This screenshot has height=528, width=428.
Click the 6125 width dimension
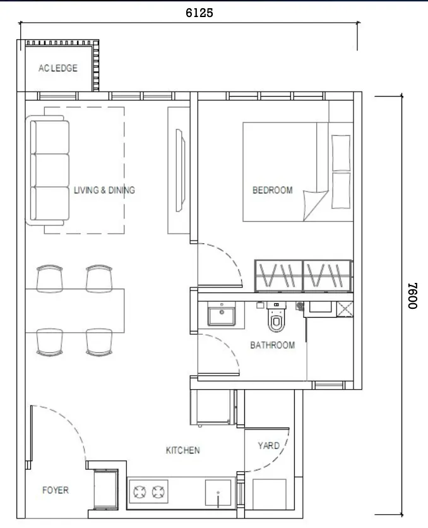click(199, 13)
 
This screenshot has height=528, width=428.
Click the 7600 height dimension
click(412, 296)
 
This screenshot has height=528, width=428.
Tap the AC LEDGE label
click(58, 68)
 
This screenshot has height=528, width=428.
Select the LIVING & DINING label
click(104, 190)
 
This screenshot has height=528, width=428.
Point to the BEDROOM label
click(273, 190)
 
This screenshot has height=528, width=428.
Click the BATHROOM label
click(273, 345)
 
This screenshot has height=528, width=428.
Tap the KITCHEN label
click(182, 450)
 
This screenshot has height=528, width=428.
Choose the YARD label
click(268, 446)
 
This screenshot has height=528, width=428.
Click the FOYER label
click(56, 490)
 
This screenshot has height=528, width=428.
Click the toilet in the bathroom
click(276, 318)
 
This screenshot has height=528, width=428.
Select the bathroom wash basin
click(222, 313)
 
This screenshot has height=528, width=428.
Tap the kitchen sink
click(218, 493)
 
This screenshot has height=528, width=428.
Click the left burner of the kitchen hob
click(140, 492)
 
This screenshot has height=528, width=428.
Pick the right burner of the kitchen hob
click(158, 492)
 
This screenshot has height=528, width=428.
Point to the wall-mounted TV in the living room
click(180, 171)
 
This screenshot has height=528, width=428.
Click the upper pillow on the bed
click(341, 153)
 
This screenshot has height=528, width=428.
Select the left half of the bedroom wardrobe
click(279, 276)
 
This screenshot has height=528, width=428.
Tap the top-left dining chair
click(49, 279)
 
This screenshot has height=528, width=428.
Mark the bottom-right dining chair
click(99, 342)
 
